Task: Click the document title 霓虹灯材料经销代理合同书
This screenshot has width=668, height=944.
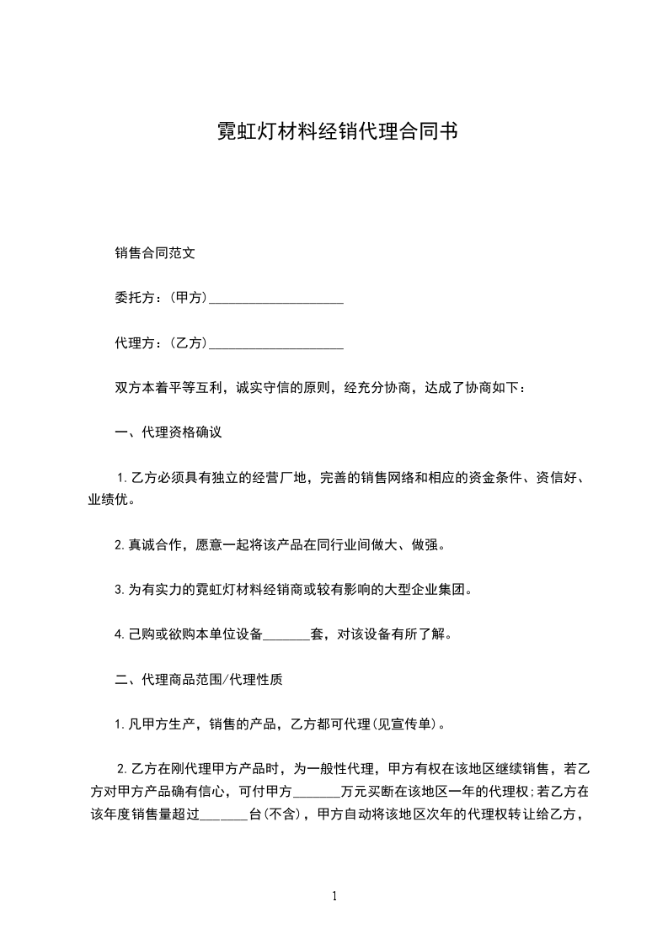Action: point(334,132)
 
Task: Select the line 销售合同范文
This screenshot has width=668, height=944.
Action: point(155,252)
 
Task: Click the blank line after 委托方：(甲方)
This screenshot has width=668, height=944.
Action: point(275,298)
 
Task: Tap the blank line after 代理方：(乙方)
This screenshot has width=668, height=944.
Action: point(275,343)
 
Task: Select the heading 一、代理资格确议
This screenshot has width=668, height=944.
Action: point(168,434)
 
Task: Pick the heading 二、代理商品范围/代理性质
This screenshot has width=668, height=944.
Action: point(198,680)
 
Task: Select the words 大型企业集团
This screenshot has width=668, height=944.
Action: point(428,590)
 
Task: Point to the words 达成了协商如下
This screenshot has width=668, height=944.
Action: point(478,389)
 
